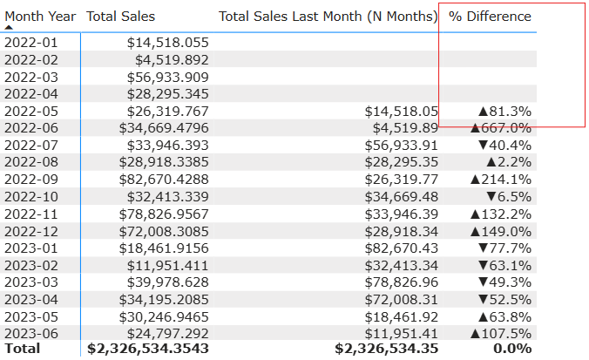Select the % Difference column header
tap(490, 17)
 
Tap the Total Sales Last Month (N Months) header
tap(328, 17)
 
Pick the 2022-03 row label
tap(30, 77)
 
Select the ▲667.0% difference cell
tap(499, 128)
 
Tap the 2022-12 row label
tap(30, 230)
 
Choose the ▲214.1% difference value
tap(499, 179)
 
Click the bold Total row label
tap(23, 349)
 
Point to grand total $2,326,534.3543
tap(148, 349)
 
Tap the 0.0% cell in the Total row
tap(512, 349)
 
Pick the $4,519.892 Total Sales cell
tap(172, 60)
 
